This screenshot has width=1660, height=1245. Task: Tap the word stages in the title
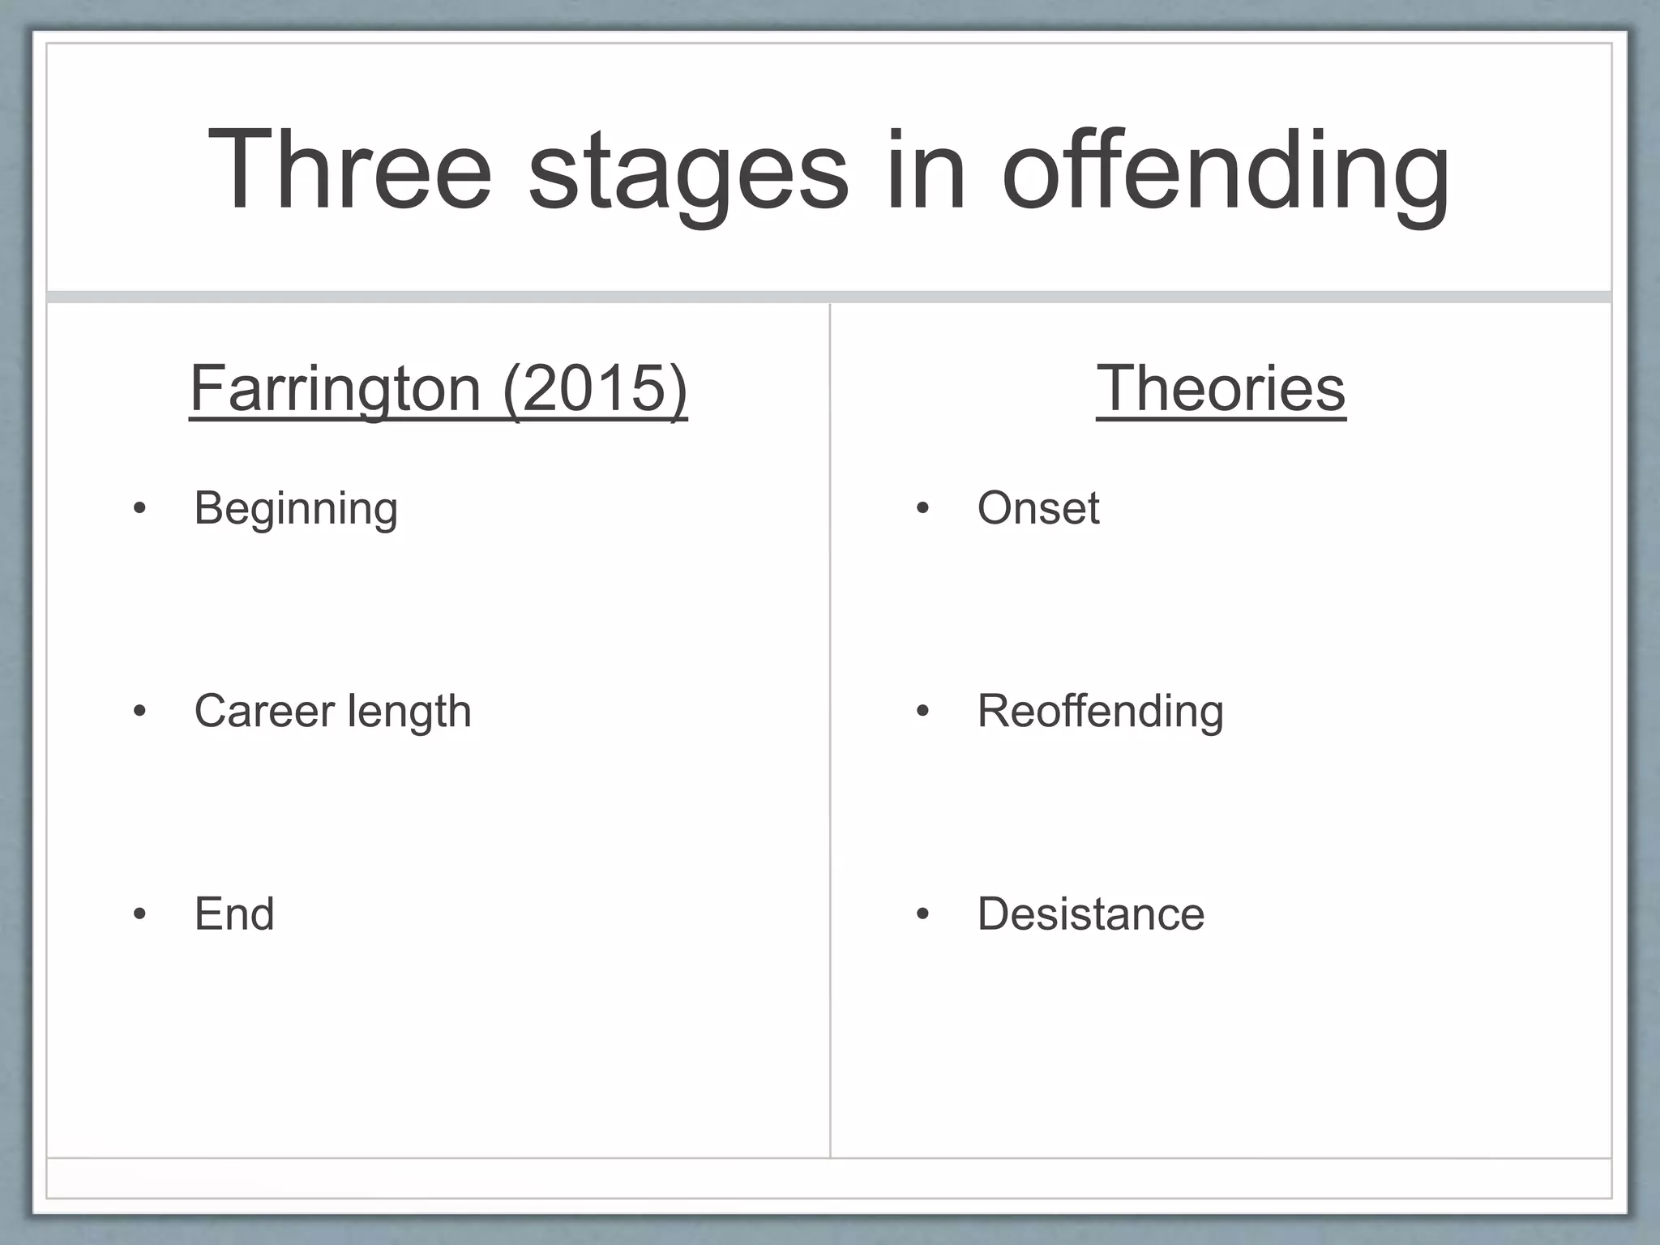point(688,174)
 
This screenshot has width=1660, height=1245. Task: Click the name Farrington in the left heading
point(336,388)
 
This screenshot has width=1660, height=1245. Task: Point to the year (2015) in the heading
point(595,388)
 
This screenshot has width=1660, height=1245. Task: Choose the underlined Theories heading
point(1221,388)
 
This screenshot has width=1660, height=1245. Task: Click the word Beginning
point(296,509)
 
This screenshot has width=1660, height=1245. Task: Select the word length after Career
point(409,712)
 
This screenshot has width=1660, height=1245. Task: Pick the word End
point(234,913)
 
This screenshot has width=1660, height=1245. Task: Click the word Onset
point(1038,508)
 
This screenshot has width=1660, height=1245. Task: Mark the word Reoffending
point(1100,711)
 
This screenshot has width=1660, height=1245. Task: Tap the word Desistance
point(1091,913)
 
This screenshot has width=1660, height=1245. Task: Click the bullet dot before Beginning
point(139,509)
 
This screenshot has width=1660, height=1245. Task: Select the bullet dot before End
point(139,914)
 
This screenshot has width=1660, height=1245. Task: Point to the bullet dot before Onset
point(922,509)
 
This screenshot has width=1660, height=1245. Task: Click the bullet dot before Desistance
point(922,914)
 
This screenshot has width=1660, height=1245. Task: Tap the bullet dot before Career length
point(139,712)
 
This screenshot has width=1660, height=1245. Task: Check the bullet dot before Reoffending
point(922,712)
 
